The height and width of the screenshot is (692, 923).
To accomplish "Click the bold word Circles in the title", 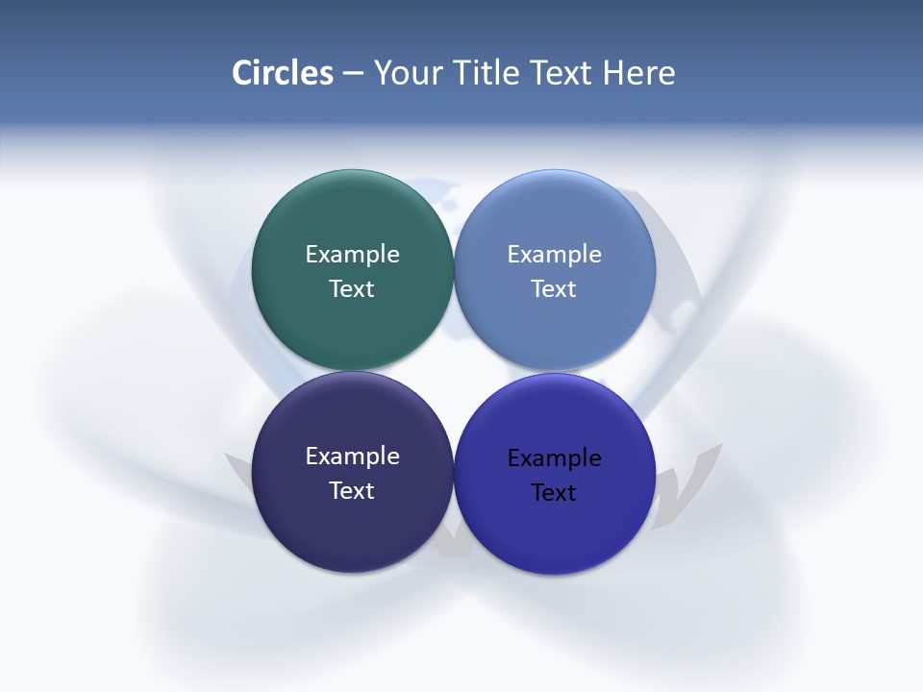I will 283,73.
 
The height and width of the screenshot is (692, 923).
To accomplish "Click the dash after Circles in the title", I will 353,74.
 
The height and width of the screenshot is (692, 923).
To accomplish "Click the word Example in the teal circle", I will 352,254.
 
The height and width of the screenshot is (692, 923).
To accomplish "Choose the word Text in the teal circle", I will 352,288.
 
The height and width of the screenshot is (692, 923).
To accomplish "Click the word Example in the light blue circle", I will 554,254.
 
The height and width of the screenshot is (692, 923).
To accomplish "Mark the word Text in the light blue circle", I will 554,288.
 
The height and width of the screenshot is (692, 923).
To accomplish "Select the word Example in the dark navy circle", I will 352,456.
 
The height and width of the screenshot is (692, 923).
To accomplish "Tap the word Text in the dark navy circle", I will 352,490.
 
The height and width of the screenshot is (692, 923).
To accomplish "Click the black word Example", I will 554,457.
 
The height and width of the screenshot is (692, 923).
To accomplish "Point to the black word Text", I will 554,492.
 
